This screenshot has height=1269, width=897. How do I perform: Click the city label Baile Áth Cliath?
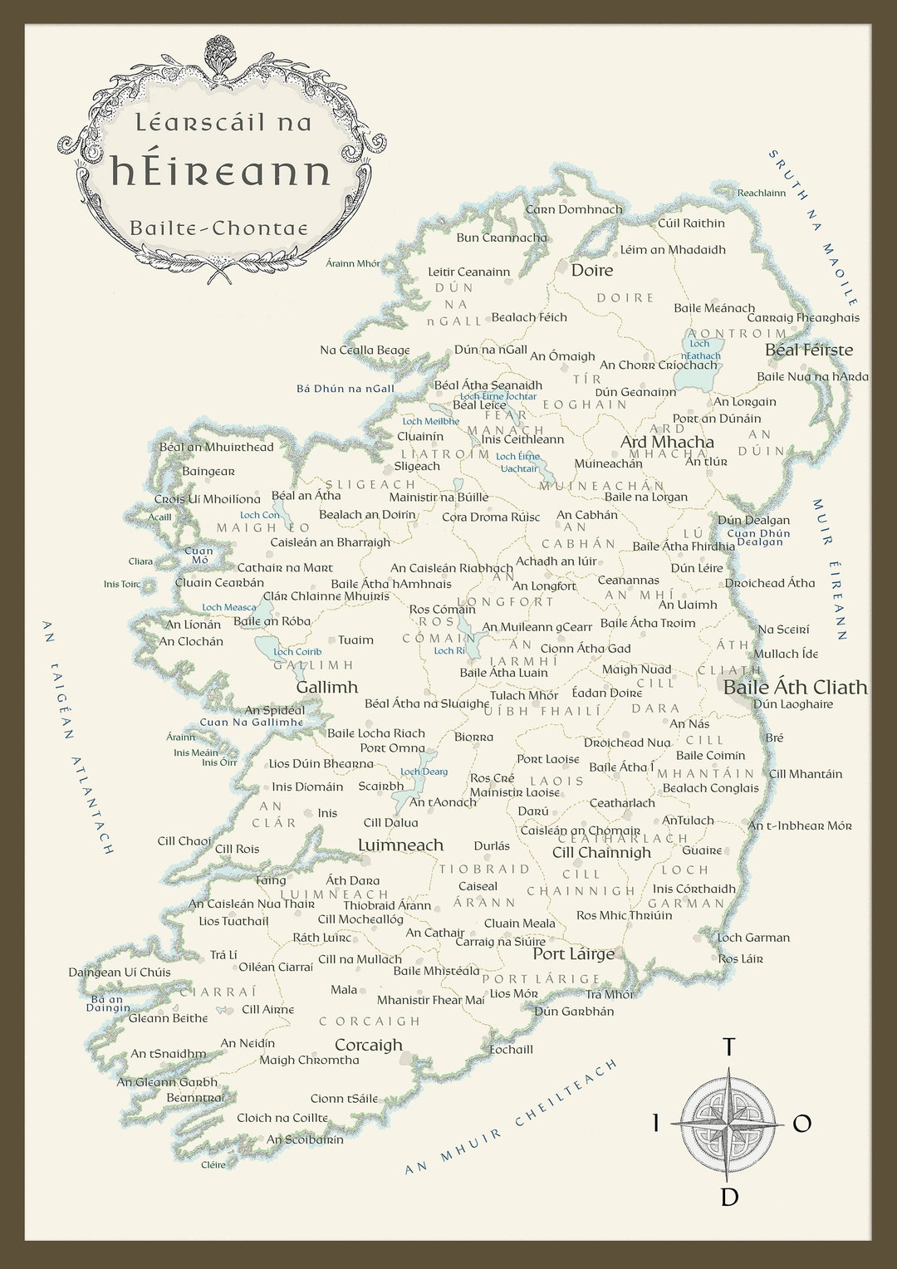tap(795, 687)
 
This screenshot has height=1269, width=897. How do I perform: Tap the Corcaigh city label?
tap(368, 1045)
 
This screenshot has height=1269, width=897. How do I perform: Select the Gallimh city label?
tap(326, 687)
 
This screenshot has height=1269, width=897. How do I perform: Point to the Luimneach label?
tap(400, 845)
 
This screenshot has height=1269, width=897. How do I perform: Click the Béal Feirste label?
tap(808, 350)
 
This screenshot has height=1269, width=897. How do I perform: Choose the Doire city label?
tap(591, 270)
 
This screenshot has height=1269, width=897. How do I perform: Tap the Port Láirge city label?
tap(573, 953)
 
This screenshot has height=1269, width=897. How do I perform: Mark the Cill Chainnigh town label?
tap(601, 852)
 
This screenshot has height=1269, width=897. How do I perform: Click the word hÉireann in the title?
tap(221, 172)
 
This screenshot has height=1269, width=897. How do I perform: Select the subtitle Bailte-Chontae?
tap(218, 228)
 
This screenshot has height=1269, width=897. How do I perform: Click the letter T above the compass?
tap(728, 1046)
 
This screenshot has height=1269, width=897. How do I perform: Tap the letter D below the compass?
tap(728, 1197)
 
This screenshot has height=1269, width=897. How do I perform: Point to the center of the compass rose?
tap(728, 1124)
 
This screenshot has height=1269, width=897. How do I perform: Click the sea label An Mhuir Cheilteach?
tap(511, 1117)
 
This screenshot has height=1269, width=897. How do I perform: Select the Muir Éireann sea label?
tap(830, 570)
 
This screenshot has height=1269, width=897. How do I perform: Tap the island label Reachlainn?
tap(761, 193)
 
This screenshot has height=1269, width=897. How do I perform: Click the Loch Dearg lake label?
tap(424, 772)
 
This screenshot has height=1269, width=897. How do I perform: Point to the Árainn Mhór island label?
tap(352, 263)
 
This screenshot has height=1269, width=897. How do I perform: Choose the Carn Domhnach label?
tap(573, 209)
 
